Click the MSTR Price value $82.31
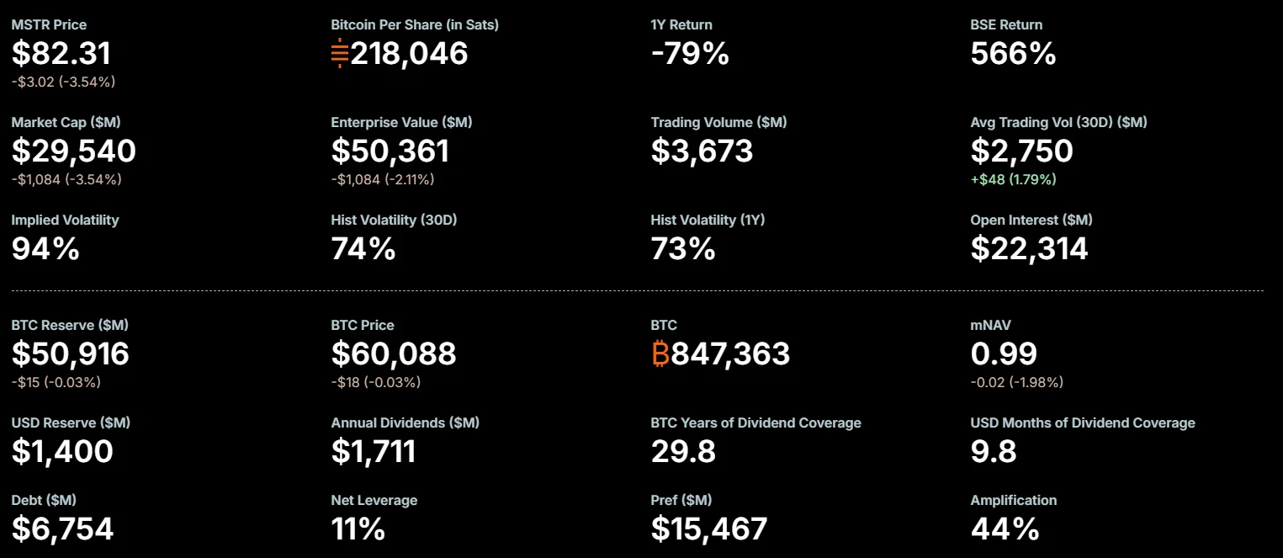[61, 53]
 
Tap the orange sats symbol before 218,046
[340, 53]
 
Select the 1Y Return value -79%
[690, 53]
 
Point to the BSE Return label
[1006, 24]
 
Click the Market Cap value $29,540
[73, 151]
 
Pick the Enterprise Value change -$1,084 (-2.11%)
[383, 179]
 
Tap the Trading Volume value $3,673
[702, 151]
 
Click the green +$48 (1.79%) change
[1013, 179]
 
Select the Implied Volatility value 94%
[45, 248]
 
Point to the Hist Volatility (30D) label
[394, 220]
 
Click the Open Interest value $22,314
[1029, 248]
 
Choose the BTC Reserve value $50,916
[71, 353]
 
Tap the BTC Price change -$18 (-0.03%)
[376, 382]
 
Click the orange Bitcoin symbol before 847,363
[660, 353]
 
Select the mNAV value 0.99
[1004, 353]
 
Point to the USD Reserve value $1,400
[62, 451]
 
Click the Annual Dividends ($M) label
[405, 422]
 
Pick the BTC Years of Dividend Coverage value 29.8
[683, 451]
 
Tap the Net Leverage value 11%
[358, 529]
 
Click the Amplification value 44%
[1005, 529]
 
